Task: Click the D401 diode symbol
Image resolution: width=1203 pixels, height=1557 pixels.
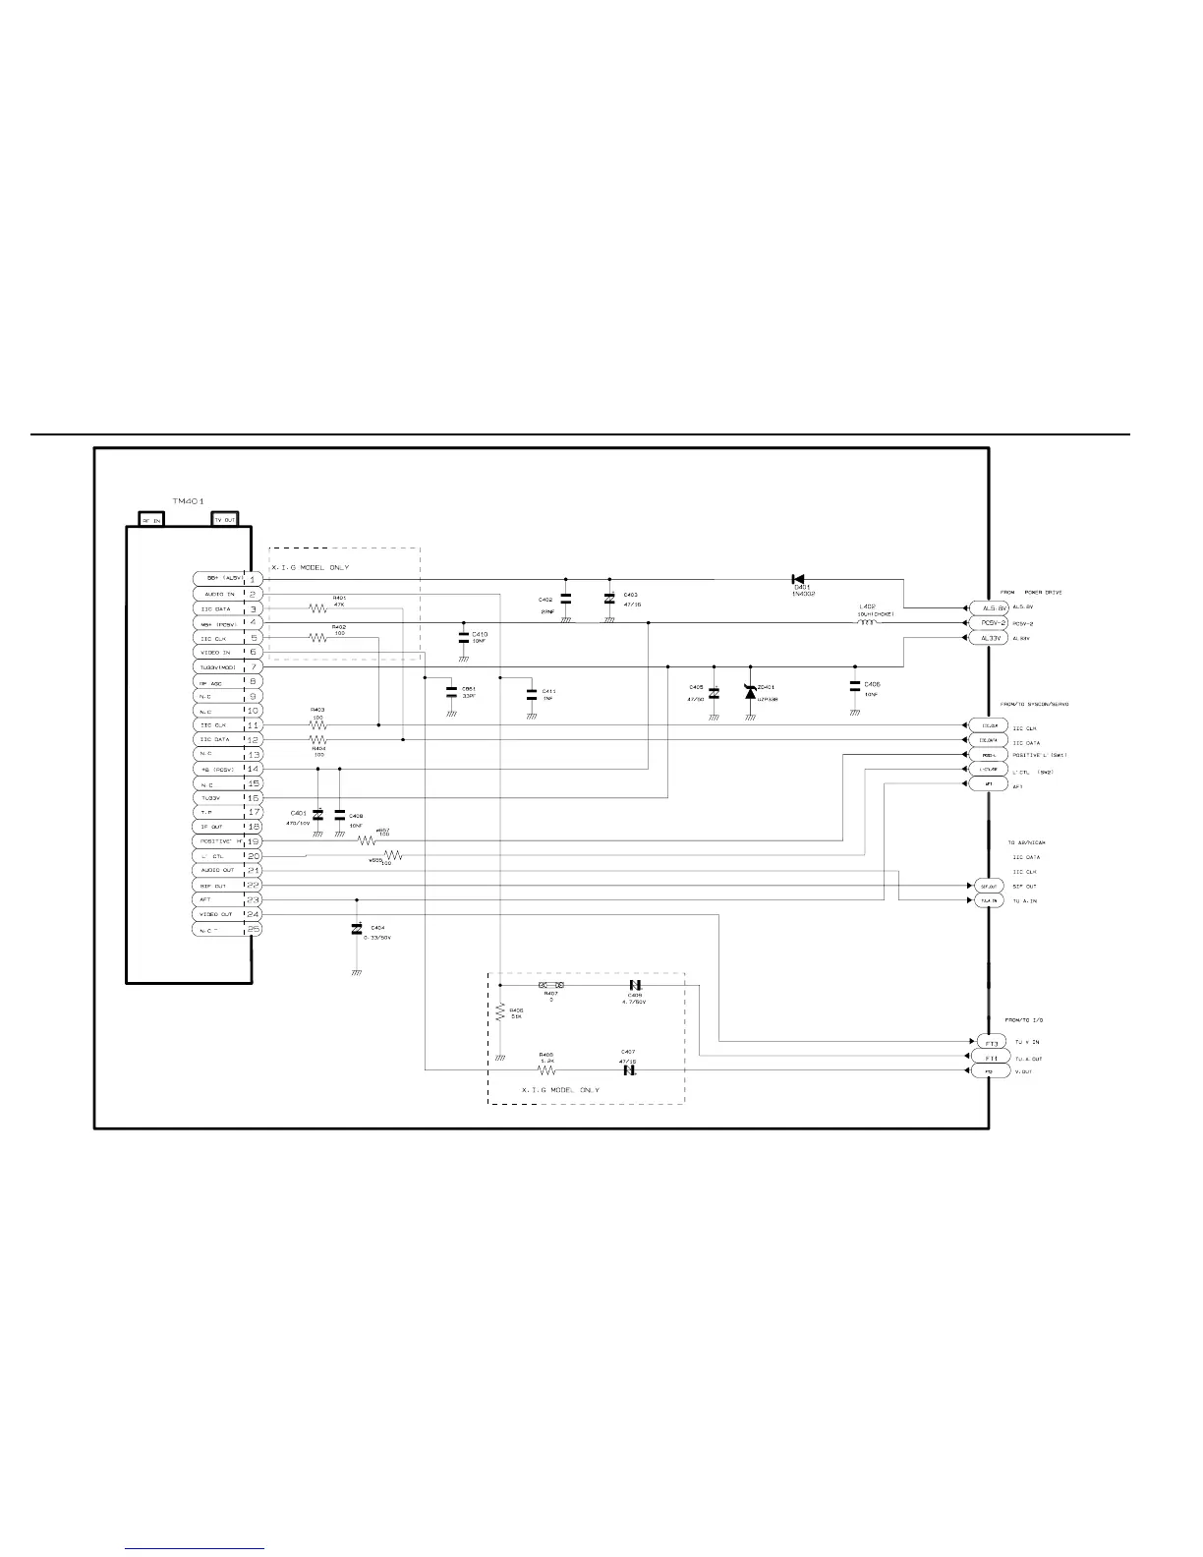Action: pos(797,579)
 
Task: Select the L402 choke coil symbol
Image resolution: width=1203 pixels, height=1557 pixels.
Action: pos(867,622)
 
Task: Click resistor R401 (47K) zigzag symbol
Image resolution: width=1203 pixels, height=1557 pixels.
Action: pos(317,609)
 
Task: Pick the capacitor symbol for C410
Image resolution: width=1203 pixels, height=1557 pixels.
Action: pos(463,637)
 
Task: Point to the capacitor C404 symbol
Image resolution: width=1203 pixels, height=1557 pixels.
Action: pos(356,929)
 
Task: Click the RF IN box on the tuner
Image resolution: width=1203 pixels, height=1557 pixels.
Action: pos(151,519)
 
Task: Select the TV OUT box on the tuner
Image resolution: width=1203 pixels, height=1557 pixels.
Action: pos(225,519)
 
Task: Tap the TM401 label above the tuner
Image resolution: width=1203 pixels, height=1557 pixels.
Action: pos(187,501)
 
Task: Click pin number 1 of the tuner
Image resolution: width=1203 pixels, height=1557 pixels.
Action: pos(252,580)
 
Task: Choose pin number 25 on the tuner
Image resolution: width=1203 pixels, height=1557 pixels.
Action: pos(252,929)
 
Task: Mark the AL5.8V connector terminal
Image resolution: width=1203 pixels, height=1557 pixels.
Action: pos(988,608)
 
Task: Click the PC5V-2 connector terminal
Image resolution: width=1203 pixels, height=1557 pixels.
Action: pos(988,623)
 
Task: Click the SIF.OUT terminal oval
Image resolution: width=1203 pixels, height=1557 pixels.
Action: pos(986,886)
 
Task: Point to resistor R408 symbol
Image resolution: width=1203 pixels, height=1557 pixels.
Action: pos(547,1070)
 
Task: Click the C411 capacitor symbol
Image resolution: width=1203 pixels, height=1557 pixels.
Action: pos(530,692)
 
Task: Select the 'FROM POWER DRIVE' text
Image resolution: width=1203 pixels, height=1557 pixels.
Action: pos(1031,593)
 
